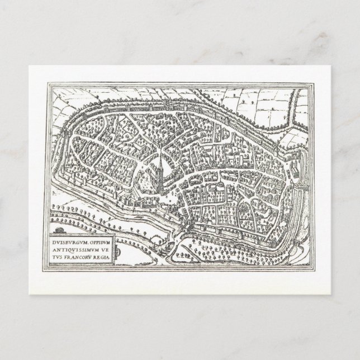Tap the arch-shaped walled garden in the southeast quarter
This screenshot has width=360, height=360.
tap(246, 210)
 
